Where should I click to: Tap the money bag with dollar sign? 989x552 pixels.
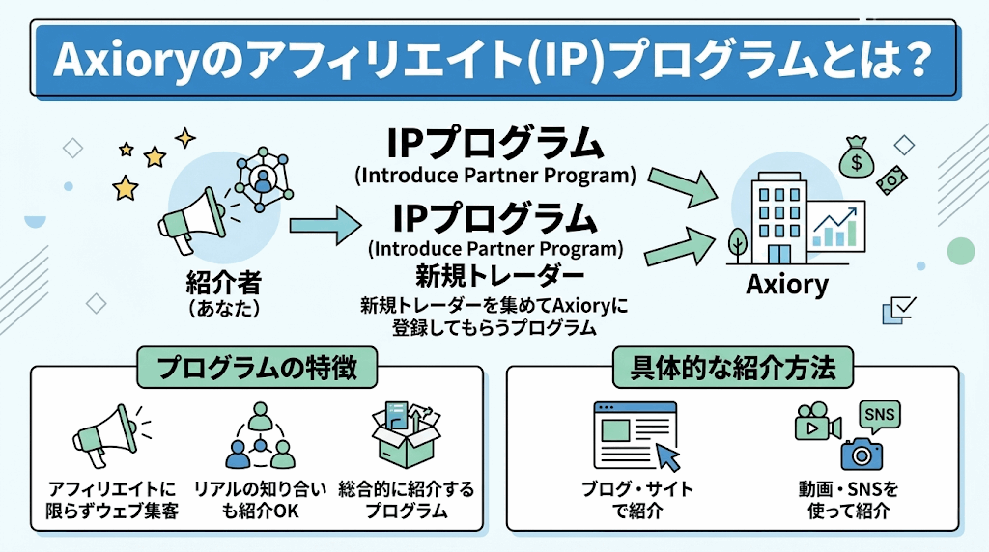click(x=854, y=157)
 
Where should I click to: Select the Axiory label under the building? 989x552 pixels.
click(x=787, y=285)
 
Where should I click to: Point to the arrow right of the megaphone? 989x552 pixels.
click(x=322, y=228)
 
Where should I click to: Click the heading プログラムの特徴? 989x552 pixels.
click(x=257, y=367)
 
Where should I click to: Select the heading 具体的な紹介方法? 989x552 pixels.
click(x=731, y=367)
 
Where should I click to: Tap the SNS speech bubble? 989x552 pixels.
click(x=879, y=416)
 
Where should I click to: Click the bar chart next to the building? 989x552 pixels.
click(x=836, y=229)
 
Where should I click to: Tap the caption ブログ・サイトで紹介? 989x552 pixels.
click(x=636, y=500)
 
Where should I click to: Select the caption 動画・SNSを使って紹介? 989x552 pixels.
click(x=847, y=500)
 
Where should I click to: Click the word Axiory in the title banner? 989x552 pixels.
click(x=115, y=62)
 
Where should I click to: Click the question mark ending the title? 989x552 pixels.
click(x=911, y=62)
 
